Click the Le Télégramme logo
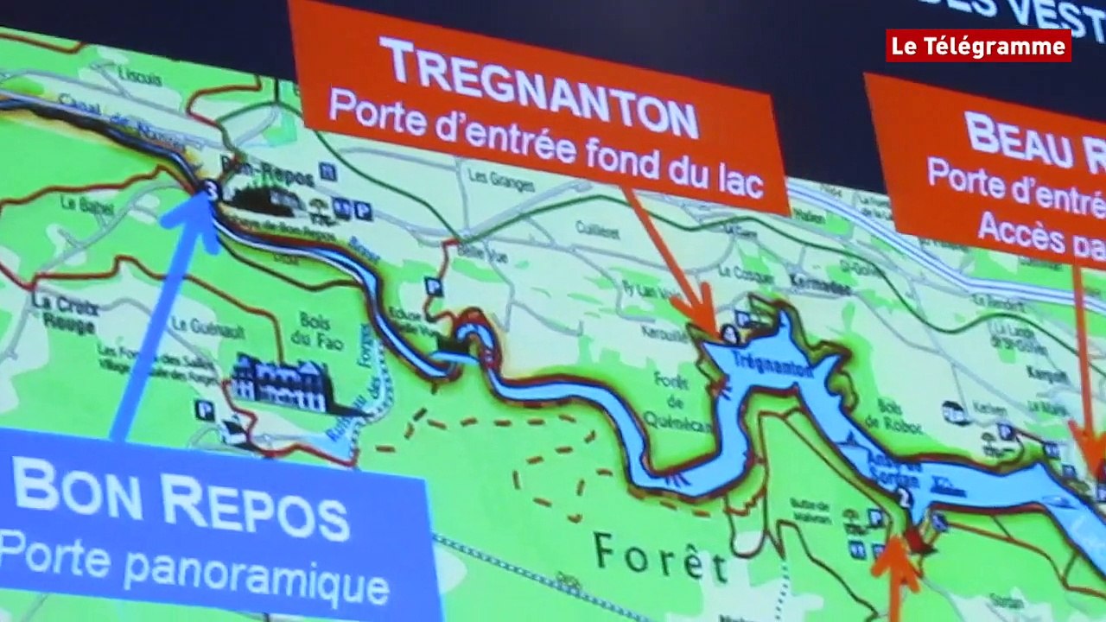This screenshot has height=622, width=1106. click(978, 46)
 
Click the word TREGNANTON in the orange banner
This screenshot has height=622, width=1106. click(537, 86)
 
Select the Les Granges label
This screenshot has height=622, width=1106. click(489, 178)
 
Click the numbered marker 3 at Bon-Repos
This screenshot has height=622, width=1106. click(210, 187)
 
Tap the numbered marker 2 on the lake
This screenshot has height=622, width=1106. click(904, 496)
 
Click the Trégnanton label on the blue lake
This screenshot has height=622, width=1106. click(760, 364)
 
